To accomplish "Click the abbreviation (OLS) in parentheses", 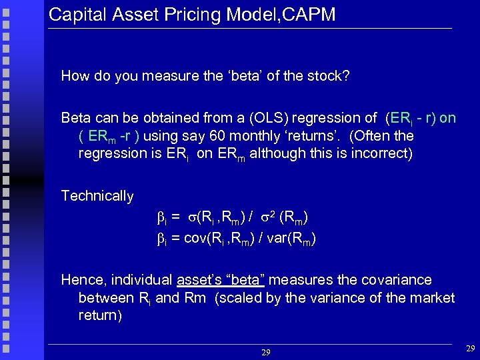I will (249, 118).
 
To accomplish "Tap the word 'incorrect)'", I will (380, 153).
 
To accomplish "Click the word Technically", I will (97, 196).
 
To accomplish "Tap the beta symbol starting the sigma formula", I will (160, 217).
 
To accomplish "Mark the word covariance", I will (397, 280).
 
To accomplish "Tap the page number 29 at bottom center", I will (266, 351).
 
